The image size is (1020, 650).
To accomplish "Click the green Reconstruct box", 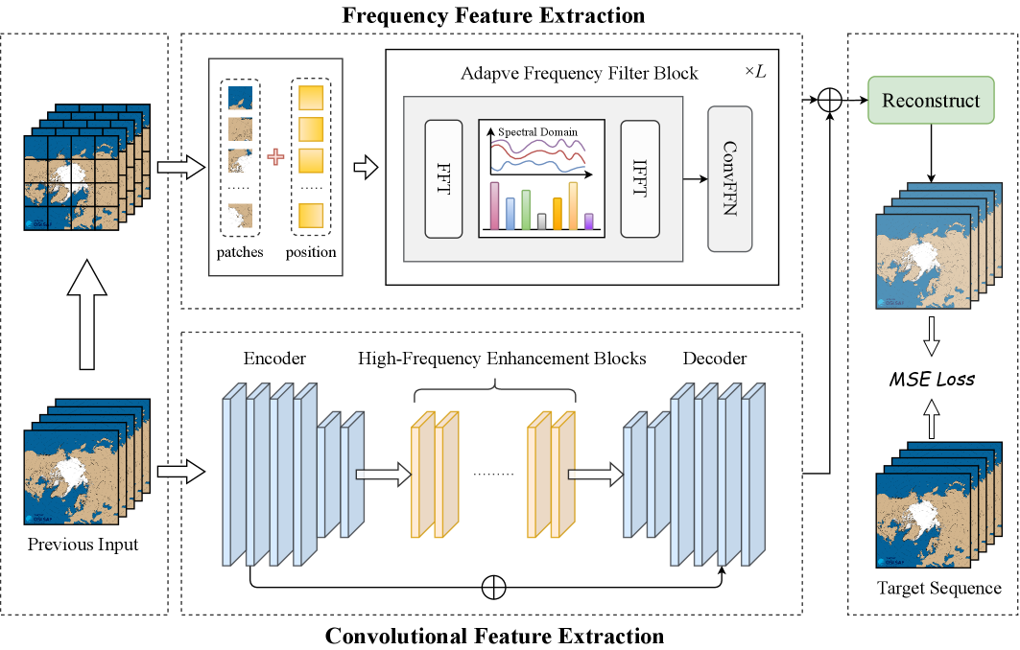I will pos(931,101).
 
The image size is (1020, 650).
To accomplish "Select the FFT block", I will pos(443,179).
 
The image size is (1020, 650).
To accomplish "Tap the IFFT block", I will pos(640,179).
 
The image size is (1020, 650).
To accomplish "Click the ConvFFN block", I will pos(729,179).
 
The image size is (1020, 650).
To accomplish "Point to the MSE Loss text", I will pos(931,380).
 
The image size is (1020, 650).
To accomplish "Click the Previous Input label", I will pos(83,545).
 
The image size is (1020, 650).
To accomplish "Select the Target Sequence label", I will pos(939,588).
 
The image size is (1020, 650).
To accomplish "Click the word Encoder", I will pos(274,359).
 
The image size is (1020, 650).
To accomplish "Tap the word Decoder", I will pos(715,359).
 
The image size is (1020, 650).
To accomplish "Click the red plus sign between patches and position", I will pos(275,157).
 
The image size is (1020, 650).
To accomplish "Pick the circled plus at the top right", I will pos(829,99).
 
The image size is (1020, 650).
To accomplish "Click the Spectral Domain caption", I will pos(538,131).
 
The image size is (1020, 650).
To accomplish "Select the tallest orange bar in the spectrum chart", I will pos(573,206).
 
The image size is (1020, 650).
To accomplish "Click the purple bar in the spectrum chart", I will pos(588,221).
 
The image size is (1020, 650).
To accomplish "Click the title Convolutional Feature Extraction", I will pos(494,636).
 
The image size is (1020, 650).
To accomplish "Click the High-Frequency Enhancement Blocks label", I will pos(502,359).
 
